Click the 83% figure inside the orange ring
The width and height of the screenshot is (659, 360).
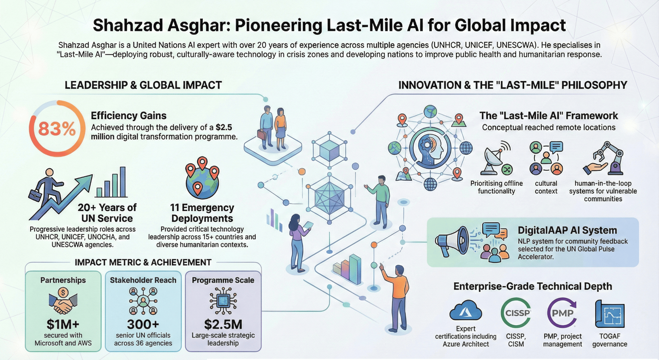pos(57,129)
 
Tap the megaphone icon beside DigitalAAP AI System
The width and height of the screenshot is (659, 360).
pos(452,241)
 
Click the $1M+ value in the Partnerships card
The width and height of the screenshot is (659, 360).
pos(63,324)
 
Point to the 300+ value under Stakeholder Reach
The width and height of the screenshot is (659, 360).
pos(143,324)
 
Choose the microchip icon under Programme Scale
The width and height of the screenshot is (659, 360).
pos(223,301)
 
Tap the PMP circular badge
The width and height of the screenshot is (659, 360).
pos(562,313)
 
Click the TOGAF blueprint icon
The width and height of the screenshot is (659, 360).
pos(610,314)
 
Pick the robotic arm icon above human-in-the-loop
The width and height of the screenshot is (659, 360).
pos(604,158)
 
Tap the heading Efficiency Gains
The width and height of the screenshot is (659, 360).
pos(128,116)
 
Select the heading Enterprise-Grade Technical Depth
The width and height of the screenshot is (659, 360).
pos(533,286)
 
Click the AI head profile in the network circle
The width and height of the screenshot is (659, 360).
pos(431,148)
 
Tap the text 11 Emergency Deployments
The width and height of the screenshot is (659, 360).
pos(202,213)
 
